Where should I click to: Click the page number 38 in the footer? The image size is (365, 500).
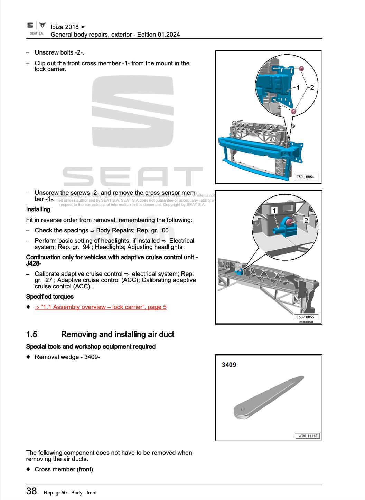coord(31,491)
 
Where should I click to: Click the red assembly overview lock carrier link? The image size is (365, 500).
coord(101,307)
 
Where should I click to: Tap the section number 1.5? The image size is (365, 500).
coord(31,334)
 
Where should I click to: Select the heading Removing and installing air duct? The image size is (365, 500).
coord(118,334)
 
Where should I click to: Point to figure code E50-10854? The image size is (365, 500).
coord(306,177)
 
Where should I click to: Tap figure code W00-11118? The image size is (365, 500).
coord(307,436)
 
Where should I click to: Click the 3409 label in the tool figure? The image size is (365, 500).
coord(229,365)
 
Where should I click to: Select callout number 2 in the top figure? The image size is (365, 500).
coord(312,87)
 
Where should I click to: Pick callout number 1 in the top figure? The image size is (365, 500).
coord(298,87)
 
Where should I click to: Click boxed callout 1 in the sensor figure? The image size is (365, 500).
coord(274,211)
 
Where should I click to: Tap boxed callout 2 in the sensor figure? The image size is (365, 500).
coord(306,220)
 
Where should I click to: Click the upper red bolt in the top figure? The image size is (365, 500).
coord(301,69)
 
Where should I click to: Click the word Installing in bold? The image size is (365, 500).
coord(38,209)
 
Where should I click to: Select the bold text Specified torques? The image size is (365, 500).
coord(50,297)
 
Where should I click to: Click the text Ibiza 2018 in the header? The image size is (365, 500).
coord(65,27)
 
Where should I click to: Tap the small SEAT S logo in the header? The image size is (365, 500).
coord(30,25)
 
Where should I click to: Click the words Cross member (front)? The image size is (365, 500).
coord(64,469)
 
